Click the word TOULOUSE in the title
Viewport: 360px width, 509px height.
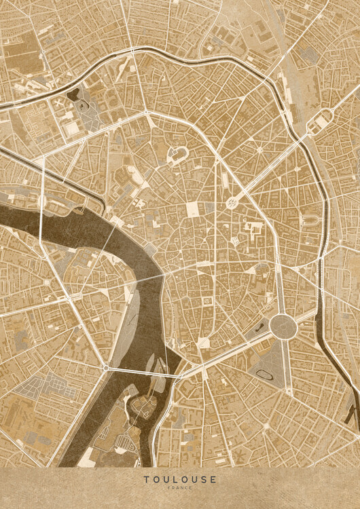coord(180,480)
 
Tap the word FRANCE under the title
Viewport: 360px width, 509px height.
coord(180,489)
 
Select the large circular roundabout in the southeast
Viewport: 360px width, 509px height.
coord(283,326)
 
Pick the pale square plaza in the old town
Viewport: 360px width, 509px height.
coord(193,209)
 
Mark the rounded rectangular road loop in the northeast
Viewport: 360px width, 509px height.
coord(318,124)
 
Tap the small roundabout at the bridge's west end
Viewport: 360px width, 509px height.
coord(105,368)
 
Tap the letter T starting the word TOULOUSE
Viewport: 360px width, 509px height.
coord(146,480)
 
